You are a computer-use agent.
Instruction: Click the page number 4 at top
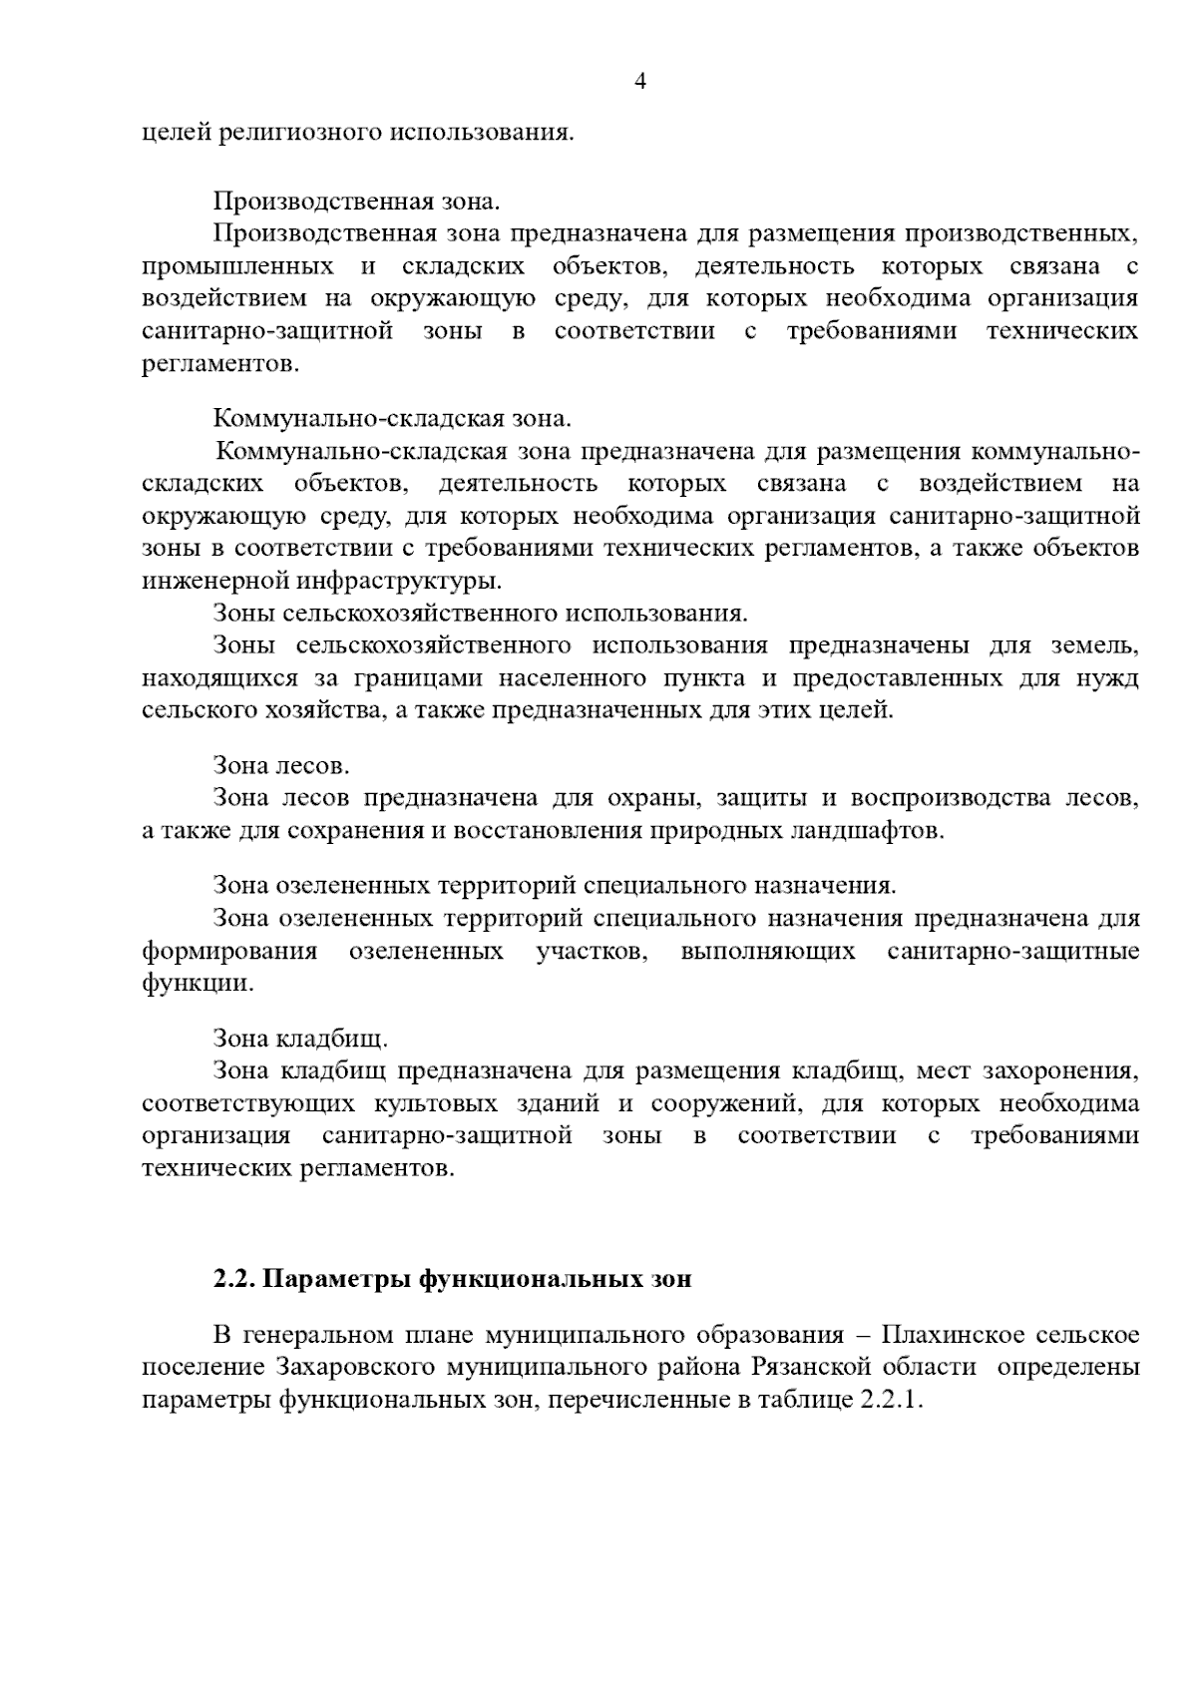pos(640,83)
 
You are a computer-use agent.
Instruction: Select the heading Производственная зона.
pos(356,201)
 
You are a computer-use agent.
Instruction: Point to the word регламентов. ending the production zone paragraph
pos(219,363)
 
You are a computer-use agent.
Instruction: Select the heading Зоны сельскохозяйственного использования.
pos(480,613)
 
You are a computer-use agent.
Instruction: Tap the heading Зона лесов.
pos(281,765)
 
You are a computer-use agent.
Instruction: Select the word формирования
pos(229,950)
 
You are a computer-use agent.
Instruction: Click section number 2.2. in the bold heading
pos(235,1279)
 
